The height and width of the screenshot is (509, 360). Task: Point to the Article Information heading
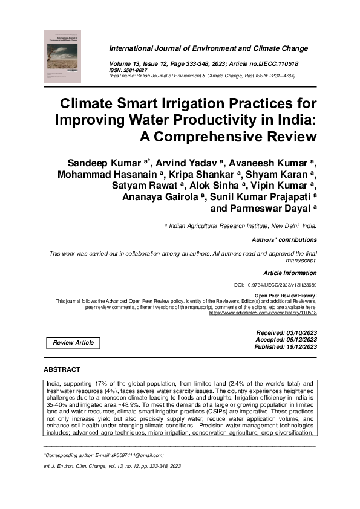pyautogui.click(x=290, y=273)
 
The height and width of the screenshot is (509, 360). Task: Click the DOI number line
pyautogui.click(x=275, y=284)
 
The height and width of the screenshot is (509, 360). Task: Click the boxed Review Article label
pyautogui.click(x=73, y=343)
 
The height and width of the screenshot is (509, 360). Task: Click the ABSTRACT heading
pyautogui.click(x=62, y=369)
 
